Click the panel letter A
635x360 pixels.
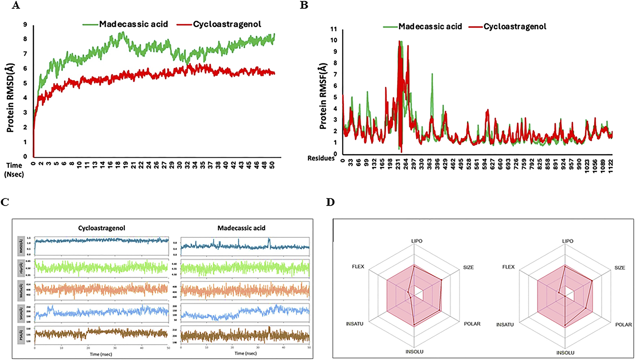click(15, 5)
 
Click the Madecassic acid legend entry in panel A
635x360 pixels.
click(133, 24)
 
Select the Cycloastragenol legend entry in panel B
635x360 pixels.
click(515, 27)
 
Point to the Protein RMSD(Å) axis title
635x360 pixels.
click(10, 98)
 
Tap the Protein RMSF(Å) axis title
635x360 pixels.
click(323, 96)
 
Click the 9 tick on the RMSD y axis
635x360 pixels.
click(25, 24)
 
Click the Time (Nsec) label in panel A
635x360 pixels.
click(14, 170)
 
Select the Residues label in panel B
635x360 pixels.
click(321, 158)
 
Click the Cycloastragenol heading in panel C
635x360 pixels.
click(102, 228)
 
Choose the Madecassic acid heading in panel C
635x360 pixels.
click(242, 228)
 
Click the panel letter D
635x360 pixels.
click(330, 202)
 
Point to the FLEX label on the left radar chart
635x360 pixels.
click(358, 267)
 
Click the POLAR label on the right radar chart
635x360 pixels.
click(623, 325)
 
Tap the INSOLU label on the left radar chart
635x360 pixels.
click(414, 352)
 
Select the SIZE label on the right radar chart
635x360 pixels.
click(620, 268)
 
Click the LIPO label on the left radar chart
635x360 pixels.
click(416, 241)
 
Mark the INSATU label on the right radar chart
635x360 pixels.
click(505, 325)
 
